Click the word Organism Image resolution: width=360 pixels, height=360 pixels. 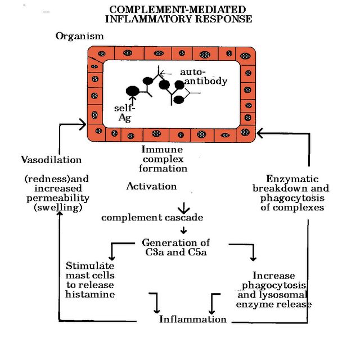pyautogui.click(x=79, y=36)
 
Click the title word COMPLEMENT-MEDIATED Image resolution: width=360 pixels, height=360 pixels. pyautogui.click(x=177, y=10)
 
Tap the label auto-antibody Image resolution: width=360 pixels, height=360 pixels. pyautogui.click(x=202, y=76)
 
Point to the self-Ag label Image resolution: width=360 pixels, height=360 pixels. pyautogui.click(x=125, y=112)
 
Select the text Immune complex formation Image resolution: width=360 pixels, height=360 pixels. pyautogui.click(x=164, y=159)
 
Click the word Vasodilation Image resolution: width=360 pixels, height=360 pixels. pyautogui.click(x=51, y=160)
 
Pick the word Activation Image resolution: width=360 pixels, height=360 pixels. pyautogui.click(x=151, y=186)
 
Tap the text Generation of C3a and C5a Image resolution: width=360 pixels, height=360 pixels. pyautogui.click(x=175, y=247)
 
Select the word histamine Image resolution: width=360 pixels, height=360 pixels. pyautogui.click(x=90, y=294)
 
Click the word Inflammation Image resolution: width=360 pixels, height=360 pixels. pyautogui.click(x=192, y=319)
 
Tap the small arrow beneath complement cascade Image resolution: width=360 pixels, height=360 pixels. pyautogui.click(x=183, y=230)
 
